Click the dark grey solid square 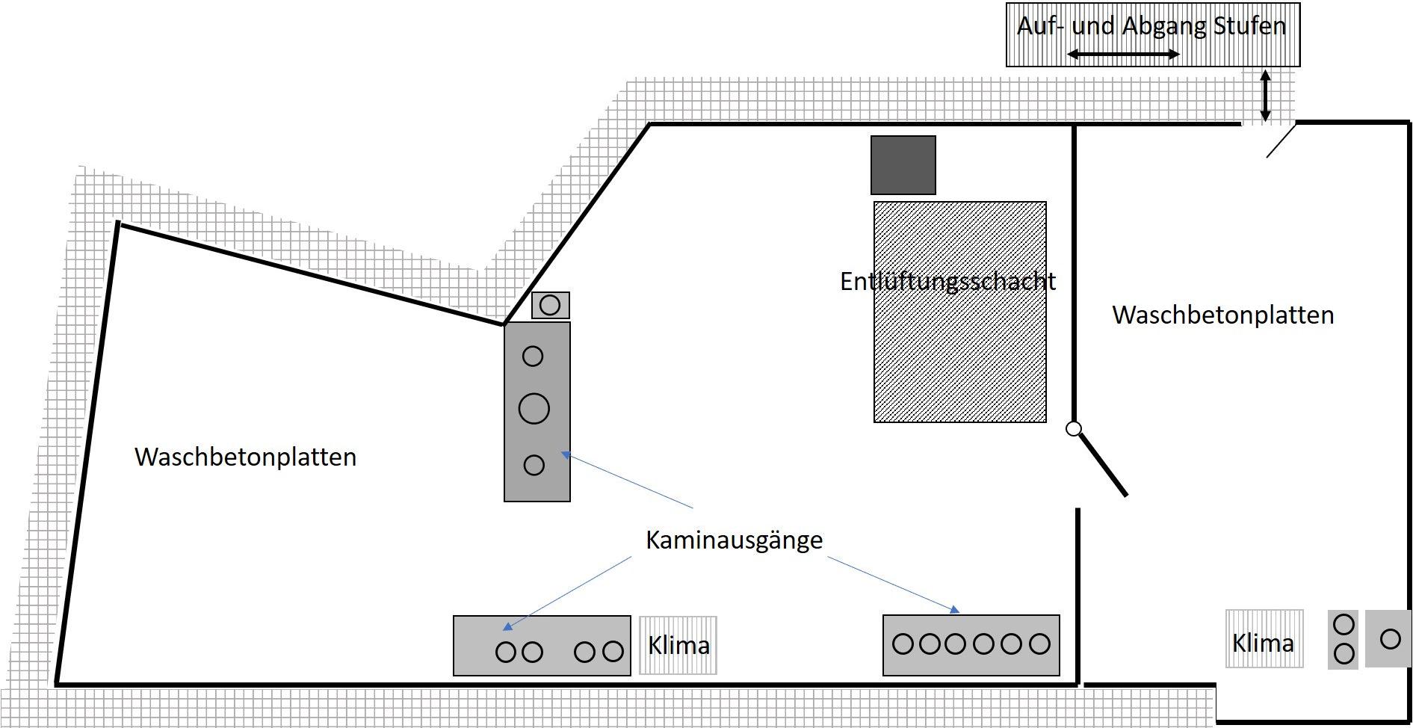point(903,165)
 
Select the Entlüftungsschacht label point(947,282)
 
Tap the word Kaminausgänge point(734,540)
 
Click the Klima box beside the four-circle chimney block point(678,645)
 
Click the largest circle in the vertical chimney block point(534,409)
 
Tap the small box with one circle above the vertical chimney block point(550,305)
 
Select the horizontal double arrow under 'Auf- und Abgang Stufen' point(1123,54)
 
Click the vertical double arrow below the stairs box point(1265,96)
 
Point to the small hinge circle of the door point(1073,428)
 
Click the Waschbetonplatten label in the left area point(245,457)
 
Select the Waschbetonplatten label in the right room point(1222,315)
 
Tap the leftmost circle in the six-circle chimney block point(903,644)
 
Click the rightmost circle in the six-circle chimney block point(1039,644)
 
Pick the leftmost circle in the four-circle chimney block point(506,652)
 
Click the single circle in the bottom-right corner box point(1390,639)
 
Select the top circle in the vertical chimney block point(533,357)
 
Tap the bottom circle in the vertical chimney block point(534,465)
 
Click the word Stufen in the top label point(1249,26)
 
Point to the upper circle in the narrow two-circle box point(1344,624)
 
